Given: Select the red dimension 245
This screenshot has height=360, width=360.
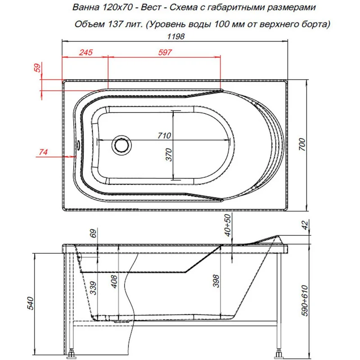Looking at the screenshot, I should click(85, 53).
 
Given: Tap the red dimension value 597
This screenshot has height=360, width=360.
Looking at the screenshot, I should click(165, 53).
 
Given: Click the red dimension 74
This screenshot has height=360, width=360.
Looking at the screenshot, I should click(43, 152).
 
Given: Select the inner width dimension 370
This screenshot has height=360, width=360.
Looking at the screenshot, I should click(170, 155).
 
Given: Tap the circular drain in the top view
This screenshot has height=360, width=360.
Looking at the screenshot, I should click(121, 145).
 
